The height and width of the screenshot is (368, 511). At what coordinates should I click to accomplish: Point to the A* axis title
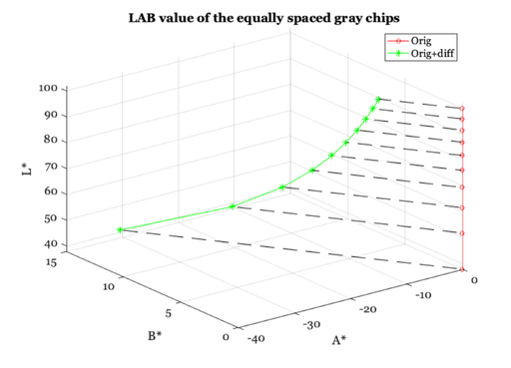[338, 340]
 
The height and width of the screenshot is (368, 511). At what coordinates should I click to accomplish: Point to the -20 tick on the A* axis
[367, 310]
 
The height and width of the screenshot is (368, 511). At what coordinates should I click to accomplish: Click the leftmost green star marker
[121, 230]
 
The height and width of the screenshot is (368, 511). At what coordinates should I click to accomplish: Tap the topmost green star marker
[378, 99]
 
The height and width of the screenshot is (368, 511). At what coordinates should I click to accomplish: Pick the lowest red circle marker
[463, 269]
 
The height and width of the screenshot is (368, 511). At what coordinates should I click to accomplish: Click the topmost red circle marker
[462, 108]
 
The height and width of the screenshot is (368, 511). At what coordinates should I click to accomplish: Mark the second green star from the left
[233, 206]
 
